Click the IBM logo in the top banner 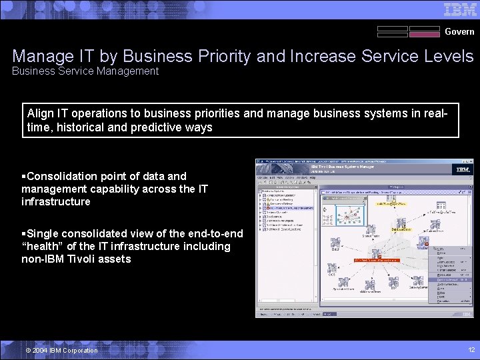(x=460, y=9)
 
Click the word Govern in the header (x=459, y=31)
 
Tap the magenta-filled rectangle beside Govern (x=424, y=31)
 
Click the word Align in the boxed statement (x=41, y=113)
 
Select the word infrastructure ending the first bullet (x=55, y=201)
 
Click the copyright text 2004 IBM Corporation (x=61, y=351)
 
